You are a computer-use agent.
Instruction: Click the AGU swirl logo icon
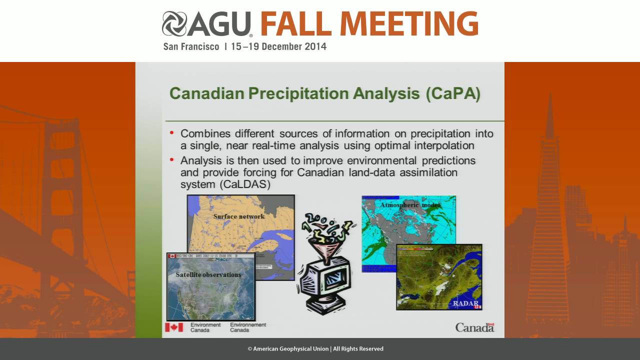pos(174,24)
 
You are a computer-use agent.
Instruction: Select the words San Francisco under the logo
pos(191,47)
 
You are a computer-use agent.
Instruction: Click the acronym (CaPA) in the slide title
pos(453,94)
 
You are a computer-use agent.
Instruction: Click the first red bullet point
pos(172,133)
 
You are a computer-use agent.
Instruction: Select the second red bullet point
pos(172,160)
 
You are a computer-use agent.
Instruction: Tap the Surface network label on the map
pos(239,216)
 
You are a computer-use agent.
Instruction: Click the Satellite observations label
pos(208,274)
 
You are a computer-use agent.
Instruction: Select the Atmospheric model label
pos(410,205)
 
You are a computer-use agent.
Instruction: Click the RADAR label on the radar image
pos(465,303)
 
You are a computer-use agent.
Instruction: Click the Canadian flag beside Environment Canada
pos(174,327)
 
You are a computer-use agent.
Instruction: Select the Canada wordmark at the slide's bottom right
pos(474,327)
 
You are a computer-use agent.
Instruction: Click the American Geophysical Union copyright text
pos(315,349)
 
